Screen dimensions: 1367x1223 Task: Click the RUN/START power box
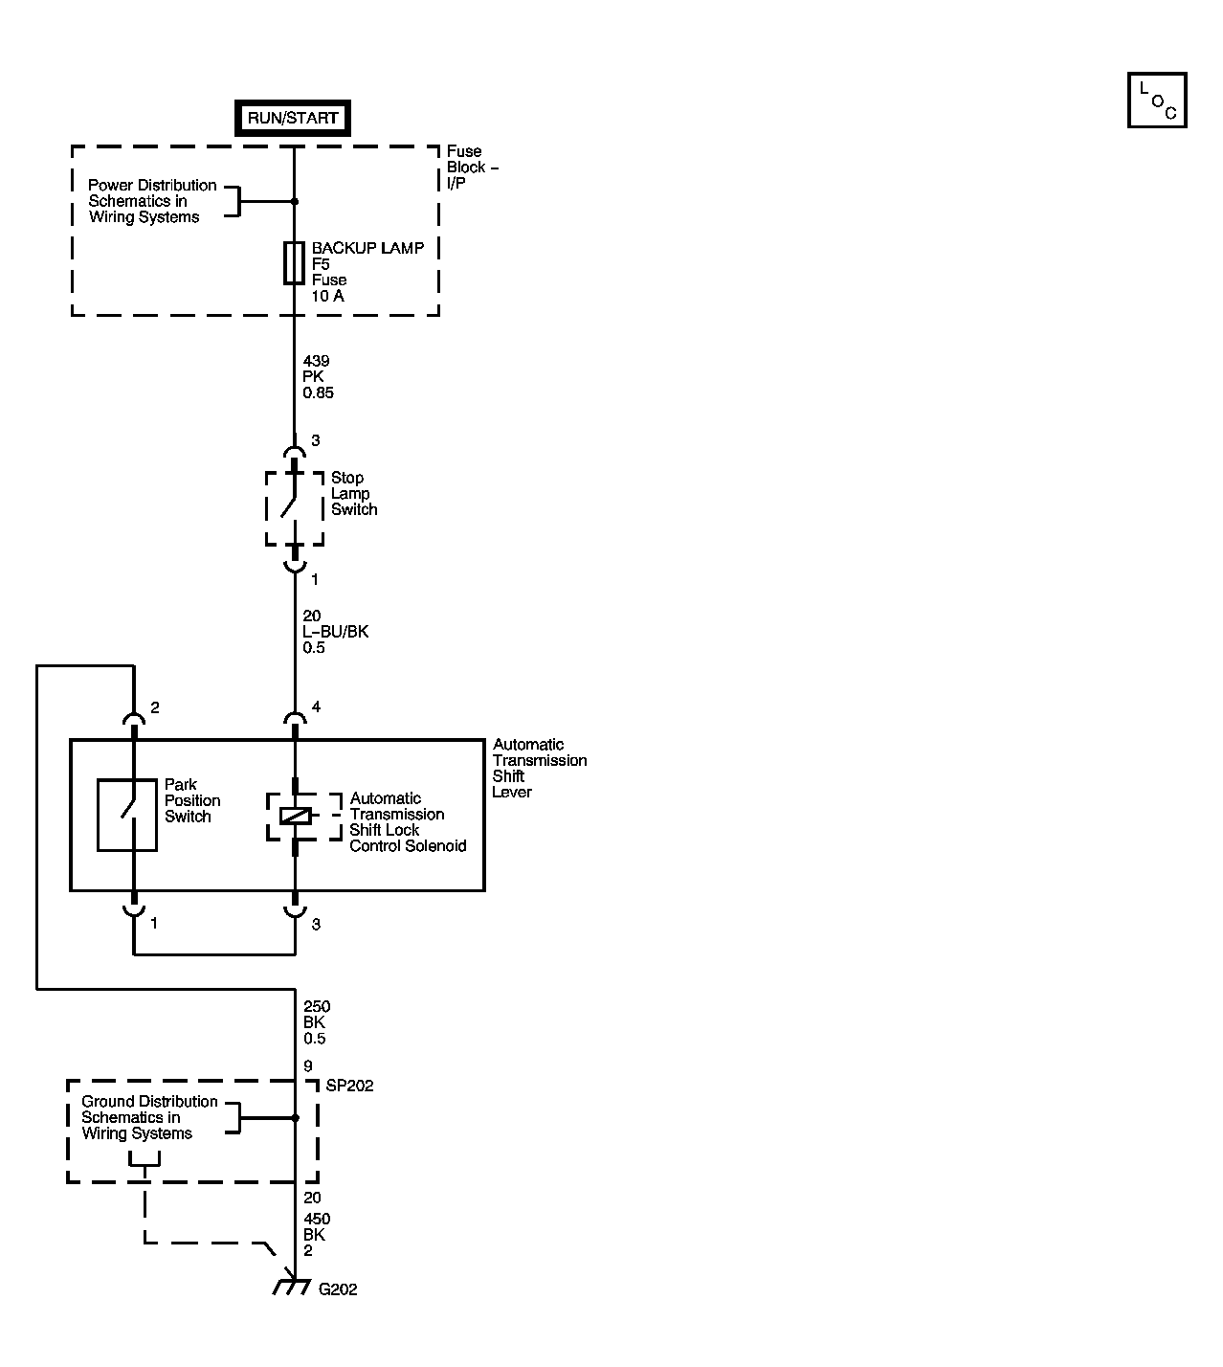293,119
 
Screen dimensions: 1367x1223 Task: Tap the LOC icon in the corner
1157,101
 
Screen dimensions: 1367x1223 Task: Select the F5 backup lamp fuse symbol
294,263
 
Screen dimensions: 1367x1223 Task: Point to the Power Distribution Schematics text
152,201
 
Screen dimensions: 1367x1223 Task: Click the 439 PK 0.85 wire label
318,377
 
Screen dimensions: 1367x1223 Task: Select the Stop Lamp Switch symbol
294,508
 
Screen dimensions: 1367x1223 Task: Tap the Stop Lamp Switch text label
354,494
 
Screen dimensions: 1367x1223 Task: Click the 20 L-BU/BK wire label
335,632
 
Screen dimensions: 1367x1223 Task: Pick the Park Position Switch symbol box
127,815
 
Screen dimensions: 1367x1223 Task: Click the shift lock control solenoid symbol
295,817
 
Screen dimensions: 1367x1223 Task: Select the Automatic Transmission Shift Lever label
539,768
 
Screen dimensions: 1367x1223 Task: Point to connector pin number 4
316,707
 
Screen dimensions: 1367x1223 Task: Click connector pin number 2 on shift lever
155,708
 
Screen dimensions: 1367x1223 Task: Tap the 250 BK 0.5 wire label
317,1022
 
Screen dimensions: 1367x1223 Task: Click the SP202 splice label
350,1086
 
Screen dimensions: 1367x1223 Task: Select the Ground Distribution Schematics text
149,1117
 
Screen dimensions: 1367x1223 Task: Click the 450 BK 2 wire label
317,1235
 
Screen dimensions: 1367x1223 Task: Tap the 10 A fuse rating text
327,296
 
